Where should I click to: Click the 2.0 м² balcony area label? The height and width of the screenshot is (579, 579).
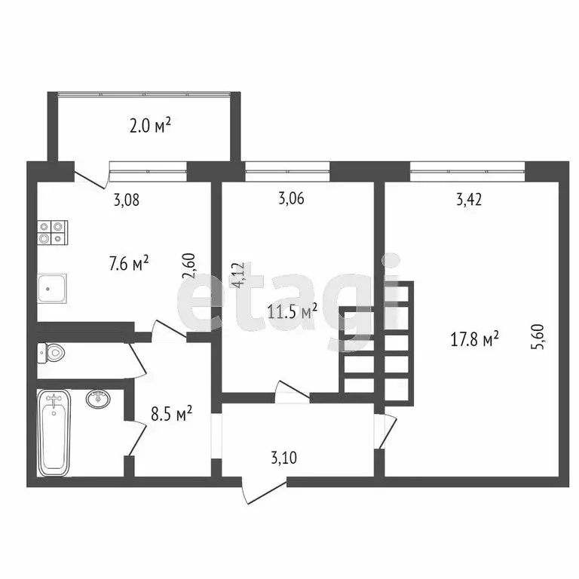tap(149, 125)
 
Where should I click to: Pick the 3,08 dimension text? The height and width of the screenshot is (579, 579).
tap(127, 201)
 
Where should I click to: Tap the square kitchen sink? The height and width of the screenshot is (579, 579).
tap(53, 287)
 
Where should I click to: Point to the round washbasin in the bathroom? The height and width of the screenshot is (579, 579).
tap(98, 398)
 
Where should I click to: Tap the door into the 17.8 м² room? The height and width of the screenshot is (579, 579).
tap(386, 432)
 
